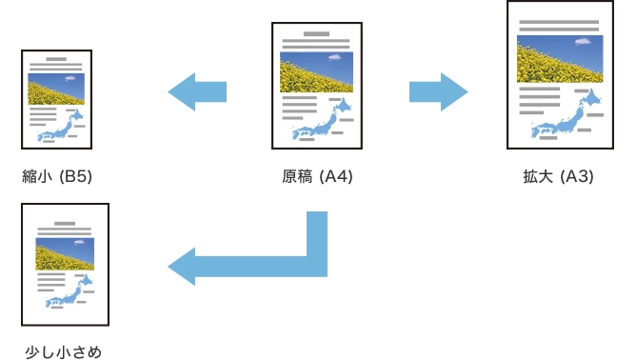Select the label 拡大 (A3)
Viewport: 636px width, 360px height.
(558, 176)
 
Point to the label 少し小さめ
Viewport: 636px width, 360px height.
(64, 351)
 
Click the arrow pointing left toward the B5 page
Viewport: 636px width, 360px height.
(197, 91)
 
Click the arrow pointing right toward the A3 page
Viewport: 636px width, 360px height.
(438, 91)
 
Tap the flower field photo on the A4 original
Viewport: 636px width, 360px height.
(316, 71)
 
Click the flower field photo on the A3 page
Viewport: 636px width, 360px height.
(559, 58)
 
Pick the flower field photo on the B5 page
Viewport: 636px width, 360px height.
(56, 89)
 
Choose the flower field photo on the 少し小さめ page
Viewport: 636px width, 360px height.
(65, 253)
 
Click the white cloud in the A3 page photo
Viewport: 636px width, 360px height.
(584, 42)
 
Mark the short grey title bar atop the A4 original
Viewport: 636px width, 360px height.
(316, 34)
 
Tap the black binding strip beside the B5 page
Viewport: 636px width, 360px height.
(18, 100)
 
